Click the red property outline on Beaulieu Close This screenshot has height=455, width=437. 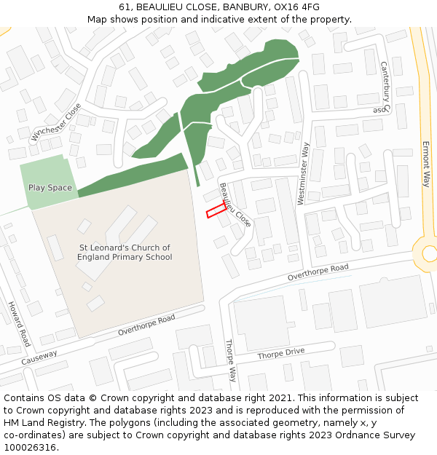point(216,210)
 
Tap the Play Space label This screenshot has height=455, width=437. point(50,188)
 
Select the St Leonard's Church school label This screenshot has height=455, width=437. point(125,253)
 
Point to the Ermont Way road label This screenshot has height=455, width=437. point(426,165)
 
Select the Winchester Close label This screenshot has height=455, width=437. point(57,122)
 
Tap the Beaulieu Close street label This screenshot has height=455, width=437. point(235,205)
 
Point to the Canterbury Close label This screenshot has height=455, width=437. point(384,87)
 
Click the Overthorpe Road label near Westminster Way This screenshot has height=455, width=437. point(318,273)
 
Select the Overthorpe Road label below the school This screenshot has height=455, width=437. point(146,325)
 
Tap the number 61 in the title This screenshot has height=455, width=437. point(124,7)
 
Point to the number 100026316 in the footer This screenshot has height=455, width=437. point(28,447)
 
